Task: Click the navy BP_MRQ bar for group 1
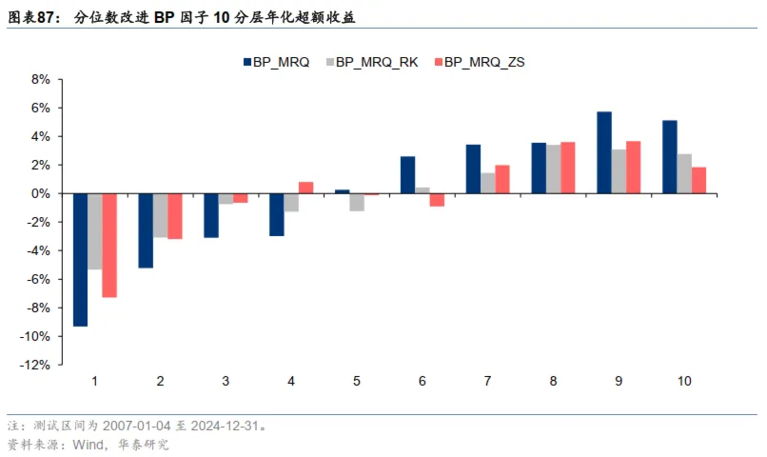click(80, 259)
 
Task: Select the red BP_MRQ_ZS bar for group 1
click(109, 245)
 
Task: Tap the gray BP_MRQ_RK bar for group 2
click(160, 215)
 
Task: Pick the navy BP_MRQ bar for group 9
click(603, 152)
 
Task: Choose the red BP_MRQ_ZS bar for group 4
click(305, 188)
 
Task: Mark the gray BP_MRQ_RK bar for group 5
click(356, 202)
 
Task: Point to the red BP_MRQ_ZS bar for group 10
click(698, 180)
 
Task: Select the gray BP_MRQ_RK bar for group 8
click(553, 169)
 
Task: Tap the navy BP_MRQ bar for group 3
click(211, 215)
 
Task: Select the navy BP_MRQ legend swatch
click(246, 62)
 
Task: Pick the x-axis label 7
click(487, 381)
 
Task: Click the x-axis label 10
click(684, 381)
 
